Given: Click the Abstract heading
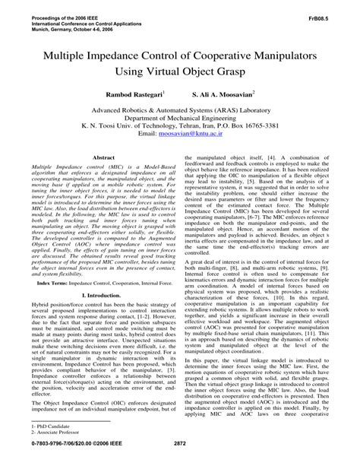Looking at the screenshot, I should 96,157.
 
